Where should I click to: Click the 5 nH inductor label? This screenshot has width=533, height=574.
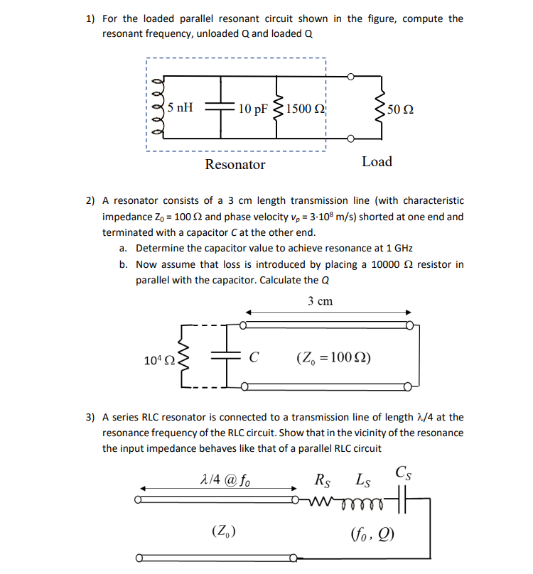click(x=180, y=108)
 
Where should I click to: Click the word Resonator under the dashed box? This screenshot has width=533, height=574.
click(x=235, y=165)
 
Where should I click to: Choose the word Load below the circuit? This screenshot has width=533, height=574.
click(x=377, y=161)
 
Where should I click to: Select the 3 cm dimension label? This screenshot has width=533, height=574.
click(x=321, y=301)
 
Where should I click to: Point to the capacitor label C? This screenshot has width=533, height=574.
click(x=254, y=358)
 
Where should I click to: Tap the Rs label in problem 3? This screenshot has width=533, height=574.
click(x=323, y=479)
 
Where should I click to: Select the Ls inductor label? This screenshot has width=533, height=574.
click(x=362, y=479)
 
